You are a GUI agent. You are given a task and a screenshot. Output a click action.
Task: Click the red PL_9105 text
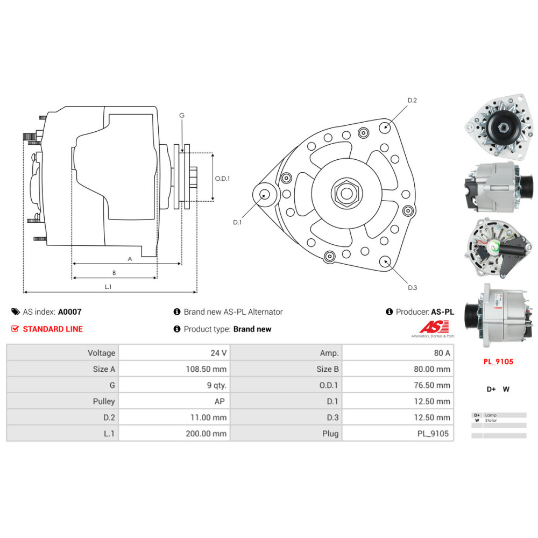498,362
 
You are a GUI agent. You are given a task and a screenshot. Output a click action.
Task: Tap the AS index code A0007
70,312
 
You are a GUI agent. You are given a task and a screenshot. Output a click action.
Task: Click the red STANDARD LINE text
53,329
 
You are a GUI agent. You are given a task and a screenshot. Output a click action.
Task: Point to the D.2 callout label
412,101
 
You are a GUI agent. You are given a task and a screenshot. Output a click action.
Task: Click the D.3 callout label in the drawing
412,287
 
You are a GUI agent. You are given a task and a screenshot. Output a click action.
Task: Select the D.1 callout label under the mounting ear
237,222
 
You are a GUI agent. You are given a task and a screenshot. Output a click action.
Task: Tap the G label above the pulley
182,116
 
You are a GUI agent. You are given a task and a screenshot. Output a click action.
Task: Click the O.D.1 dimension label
222,179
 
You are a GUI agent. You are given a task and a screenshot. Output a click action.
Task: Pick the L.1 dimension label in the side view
108,287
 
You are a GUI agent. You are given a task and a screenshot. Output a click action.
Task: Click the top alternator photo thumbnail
495,128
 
